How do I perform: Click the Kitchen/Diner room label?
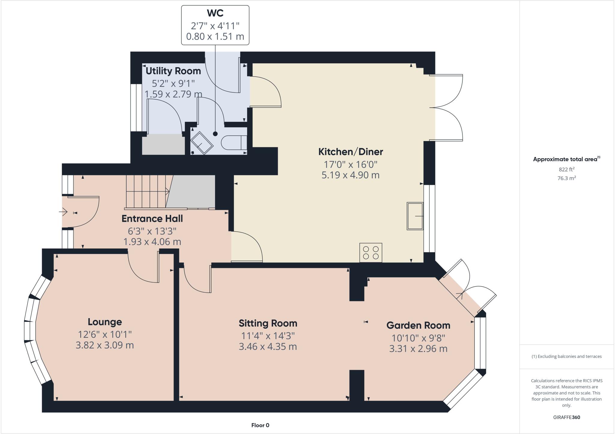350,152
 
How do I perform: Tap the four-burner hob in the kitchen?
371,252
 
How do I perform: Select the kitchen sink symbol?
415,216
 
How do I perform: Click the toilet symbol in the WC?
234,143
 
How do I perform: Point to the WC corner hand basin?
202,143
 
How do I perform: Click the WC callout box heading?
215,13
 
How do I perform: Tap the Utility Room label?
173,71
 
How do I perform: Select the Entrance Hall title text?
152,219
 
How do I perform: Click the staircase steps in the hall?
146,191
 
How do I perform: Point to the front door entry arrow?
63,212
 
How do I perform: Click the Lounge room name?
105,322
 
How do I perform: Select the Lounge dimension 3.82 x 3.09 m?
105,345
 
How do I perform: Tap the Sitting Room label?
268,323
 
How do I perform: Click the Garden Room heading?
418,325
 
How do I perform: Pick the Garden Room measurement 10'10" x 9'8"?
418,338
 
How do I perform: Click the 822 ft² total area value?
566,169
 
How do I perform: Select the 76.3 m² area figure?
566,178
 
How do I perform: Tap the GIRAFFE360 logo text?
566,417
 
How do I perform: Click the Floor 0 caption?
260,425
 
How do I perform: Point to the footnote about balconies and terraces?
566,357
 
